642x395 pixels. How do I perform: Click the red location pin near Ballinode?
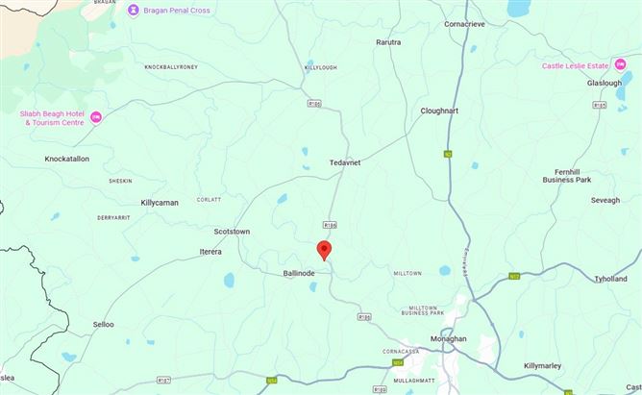[324, 250]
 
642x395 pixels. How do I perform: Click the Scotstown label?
[232, 232]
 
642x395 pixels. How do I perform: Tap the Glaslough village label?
[605, 83]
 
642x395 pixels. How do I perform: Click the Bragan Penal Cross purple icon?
[133, 10]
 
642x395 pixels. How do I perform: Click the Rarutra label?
[388, 42]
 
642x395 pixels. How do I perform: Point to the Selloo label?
[103, 325]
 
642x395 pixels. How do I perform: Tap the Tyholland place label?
[610, 279]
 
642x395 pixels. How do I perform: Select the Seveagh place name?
[605, 200]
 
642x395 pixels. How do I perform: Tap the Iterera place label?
[210, 252]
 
